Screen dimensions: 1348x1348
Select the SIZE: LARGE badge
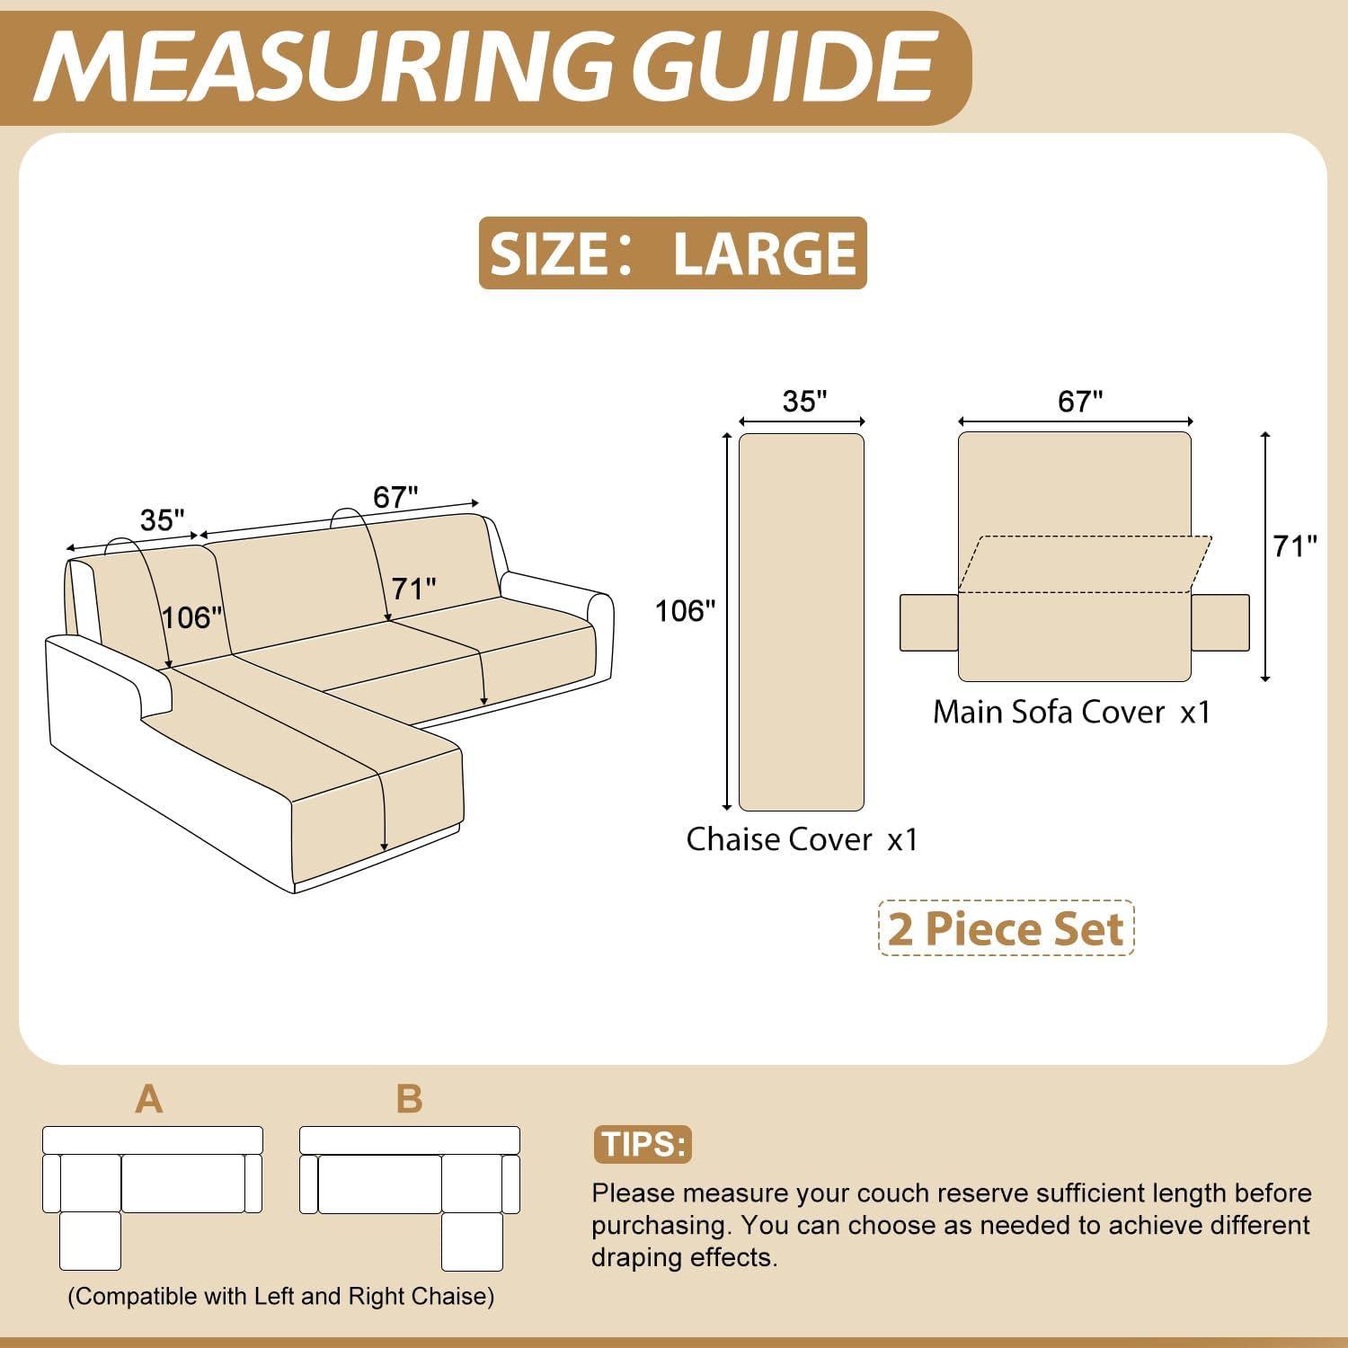click(672, 253)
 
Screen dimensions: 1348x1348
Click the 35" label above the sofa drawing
click(163, 519)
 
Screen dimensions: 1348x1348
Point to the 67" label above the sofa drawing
click(395, 496)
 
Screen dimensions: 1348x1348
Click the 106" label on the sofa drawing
click(191, 617)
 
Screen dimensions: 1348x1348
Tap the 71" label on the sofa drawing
click(413, 589)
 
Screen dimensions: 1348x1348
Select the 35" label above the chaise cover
click(804, 401)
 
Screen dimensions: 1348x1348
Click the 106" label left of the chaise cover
click(685, 611)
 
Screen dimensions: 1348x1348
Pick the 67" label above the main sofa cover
click(1079, 401)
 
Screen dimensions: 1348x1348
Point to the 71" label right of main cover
click(1294, 545)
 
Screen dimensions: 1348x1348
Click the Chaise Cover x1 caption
click(802, 839)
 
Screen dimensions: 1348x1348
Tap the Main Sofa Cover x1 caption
click(1071, 712)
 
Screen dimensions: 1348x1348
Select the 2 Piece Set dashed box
click(1006, 928)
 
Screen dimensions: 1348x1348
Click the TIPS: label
click(643, 1144)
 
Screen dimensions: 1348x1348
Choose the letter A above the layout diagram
click(149, 1099)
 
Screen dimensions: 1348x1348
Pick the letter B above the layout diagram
click(409, 1099)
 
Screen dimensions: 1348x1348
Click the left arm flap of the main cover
click(929, 622)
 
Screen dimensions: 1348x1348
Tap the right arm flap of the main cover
click(1219, 622)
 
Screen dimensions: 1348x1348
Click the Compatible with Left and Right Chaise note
click(280, 1296)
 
